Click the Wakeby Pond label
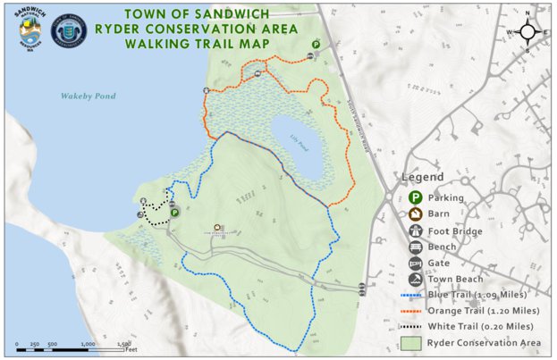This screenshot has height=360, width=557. click(88, 96)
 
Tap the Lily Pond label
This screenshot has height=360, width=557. click(297, 136)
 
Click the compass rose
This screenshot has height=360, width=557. click(527, 32)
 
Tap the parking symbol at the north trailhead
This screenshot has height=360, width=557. click(316, 45)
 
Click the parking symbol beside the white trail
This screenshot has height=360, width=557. click(174, 213)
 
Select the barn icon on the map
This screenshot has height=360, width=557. click(216, 227)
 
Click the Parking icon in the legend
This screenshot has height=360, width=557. click(416, 197)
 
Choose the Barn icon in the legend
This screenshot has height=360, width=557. click(416, 214)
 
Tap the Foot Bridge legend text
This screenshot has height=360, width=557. click(455, 231)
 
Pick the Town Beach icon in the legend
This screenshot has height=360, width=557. click(416, 280)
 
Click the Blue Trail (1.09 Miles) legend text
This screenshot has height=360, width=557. click(477, 294)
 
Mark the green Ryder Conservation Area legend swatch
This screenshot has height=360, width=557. click(412, 342)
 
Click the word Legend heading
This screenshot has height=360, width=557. click(423, 177)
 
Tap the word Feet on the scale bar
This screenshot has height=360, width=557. click(131, 349)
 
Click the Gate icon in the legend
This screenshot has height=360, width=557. click(416, 264)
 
